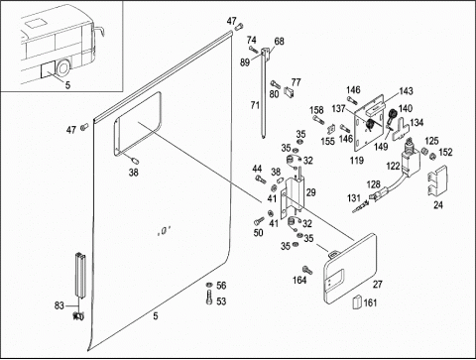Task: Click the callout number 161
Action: click(370, 302)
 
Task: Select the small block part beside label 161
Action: click(357, 301)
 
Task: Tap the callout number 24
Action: click(438, 205)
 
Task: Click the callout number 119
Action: click(357, 161)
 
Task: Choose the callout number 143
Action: click(406, 91)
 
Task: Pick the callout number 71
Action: click(255, 105)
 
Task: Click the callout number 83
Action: click(59, 305)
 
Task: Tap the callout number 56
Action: click(221, 286)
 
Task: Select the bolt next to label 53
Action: click(209, 298)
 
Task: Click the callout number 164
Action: click(299, 280)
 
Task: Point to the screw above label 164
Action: click(307, 270)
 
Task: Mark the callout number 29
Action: click(311, 192)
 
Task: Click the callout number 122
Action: click(393, 166)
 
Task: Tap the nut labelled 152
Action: click(432, 156)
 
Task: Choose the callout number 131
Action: click(354, 198)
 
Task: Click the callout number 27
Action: click(378, 284)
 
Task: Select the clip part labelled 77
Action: click(289, 92)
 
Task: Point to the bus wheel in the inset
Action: click(62, 68)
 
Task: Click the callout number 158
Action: click(316, 110)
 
